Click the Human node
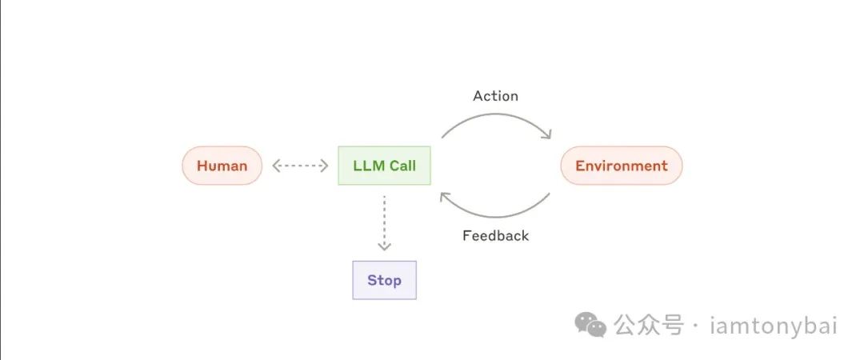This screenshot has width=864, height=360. tap(222, 166)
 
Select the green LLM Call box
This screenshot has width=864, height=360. tap(384, 166)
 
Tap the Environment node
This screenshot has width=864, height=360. tap(621, 166)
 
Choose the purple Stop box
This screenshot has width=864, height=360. tap(384, 280)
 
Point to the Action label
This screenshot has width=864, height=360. tap(495, 96)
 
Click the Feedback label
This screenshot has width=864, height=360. tap(495, 236)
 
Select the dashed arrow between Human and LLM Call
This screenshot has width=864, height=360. tap(300, 166)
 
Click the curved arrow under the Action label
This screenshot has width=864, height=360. tap(496, 117)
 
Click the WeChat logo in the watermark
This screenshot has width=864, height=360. tap(592, 324)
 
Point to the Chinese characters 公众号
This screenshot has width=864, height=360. tap(649, 325)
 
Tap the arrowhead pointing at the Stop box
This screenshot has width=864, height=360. tap(384, 246)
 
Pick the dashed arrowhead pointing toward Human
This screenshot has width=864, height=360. tap(277, 166)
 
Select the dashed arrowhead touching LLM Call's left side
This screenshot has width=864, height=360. tap(325, 166)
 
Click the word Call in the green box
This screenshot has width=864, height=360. tap(402, 166)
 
